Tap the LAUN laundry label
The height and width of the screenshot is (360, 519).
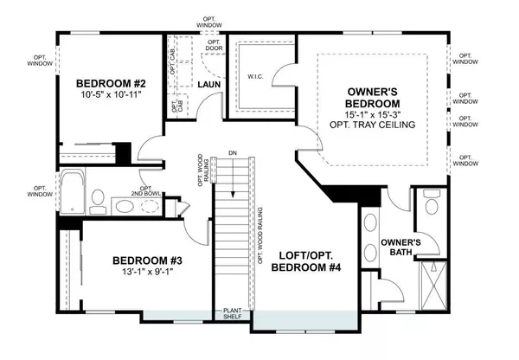coord(207,85)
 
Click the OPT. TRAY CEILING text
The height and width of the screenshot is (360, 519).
coord(373,125)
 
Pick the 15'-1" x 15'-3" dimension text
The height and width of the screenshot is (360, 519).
coord(373,112)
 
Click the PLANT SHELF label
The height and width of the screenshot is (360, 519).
coord(233,313)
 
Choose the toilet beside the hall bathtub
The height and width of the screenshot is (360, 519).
coord(97,207)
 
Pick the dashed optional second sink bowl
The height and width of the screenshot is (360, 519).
coord(126,207)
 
